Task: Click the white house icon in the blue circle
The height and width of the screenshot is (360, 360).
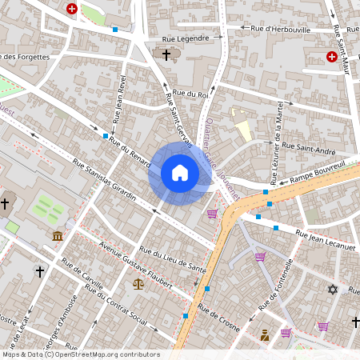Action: point(180,173)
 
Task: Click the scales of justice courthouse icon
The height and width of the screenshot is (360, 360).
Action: point(139,283)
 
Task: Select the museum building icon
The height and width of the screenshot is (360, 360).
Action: point(58,236)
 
